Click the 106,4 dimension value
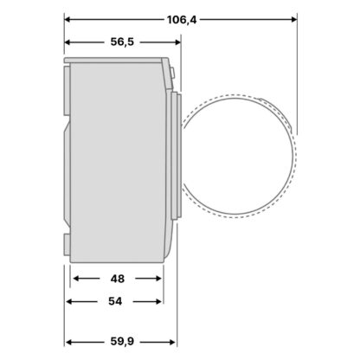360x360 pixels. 182,20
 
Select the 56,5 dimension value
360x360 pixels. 122,42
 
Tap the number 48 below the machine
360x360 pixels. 118,279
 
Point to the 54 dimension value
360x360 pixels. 115,301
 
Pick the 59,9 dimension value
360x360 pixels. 122,342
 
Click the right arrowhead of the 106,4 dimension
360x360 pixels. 294,20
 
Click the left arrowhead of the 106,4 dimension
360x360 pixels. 67,20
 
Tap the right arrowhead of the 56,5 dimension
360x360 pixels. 177,42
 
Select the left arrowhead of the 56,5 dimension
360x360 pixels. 67,42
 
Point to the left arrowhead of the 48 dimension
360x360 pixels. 76,279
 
